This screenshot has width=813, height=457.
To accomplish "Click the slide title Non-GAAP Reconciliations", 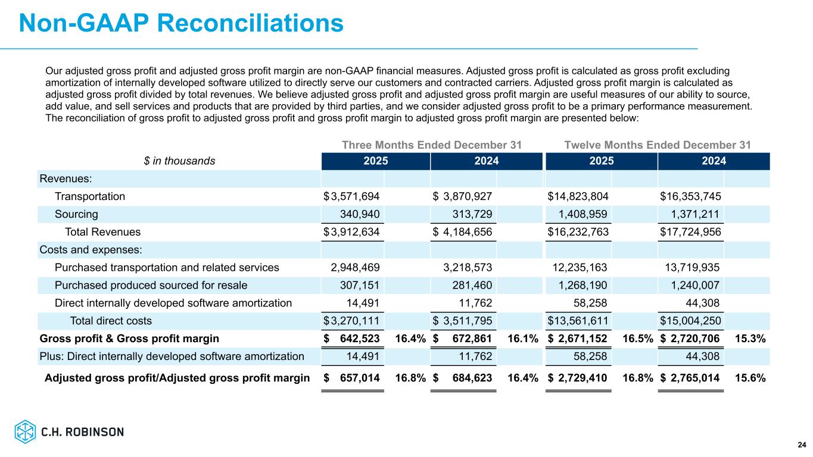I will pyautogui.click(x=181, y=23).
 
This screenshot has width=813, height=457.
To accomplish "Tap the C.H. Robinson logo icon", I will pyautogui.click(x=26, y=431).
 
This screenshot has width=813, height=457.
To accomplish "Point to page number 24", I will pyautogui.click(x=802, y=445).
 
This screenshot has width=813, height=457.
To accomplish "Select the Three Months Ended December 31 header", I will pyautogui.click(x=432, y=145).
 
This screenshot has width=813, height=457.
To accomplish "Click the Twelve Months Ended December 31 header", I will pyautogui.click(x=657, y=145).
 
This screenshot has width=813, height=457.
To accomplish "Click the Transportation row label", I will pyautogui.click(x=90, y=196).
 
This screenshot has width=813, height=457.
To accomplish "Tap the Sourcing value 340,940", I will pyautogui.click(x=360, y=214).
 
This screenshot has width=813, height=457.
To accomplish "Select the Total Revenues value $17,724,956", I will pyautogui.click(x=691, y=232).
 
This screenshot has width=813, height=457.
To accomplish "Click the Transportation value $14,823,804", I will pyautogui.click(x=578, y=196).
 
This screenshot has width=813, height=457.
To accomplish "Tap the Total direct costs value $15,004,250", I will pyautogui.click(x=691, y=321).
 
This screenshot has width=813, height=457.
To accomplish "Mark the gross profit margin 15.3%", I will pyautogui.click(x=750, y=339).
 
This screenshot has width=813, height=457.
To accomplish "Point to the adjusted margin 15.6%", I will pyautogui.click(x=750, y=377).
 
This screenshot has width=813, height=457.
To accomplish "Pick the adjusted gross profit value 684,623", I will pyautogui.click(x=469, y=377).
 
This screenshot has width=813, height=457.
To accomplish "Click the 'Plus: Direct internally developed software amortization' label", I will pyautogui.click(x=172, y=356).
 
